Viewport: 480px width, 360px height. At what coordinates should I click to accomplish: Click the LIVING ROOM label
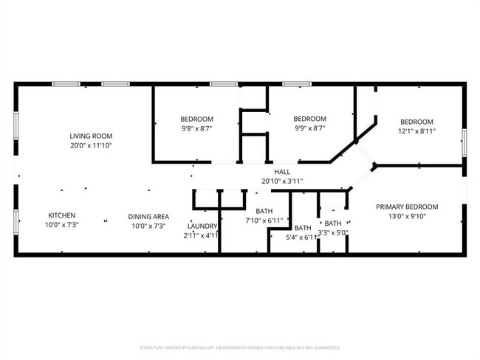[x=91, y=136]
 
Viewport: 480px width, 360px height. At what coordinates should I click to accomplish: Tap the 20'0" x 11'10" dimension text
[x=91, y=145]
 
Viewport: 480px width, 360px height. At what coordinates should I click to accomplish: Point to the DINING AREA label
[x=148, y=216]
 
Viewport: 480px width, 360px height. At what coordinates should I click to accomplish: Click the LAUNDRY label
[x=202, y=226]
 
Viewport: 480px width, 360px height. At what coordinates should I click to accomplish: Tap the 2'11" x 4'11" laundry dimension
[x=202, y=235]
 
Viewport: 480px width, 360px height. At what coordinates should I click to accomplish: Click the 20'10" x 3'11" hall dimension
[x=282, y=181]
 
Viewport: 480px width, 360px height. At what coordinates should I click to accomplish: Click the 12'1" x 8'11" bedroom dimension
[x=418, y=131]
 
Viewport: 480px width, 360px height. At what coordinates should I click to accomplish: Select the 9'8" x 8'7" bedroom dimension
[x=197, y=128]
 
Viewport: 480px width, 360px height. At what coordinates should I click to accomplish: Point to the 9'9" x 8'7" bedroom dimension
[x=310, y=128]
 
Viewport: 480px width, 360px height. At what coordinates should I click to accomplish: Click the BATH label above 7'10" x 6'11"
[x=264, y=211]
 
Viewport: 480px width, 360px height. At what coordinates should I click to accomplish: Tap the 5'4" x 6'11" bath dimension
[x=303, y=237]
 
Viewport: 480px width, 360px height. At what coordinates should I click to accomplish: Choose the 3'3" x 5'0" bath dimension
[x=333, y=232]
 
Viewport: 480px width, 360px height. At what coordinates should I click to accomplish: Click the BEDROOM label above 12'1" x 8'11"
[x=417, y=122]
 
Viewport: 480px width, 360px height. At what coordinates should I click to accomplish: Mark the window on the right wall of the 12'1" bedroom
[x=464, y=142]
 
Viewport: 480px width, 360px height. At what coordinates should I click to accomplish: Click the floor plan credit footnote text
[x=240, y=347]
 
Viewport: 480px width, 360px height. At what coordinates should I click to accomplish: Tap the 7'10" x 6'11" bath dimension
[x=264, y=221]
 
